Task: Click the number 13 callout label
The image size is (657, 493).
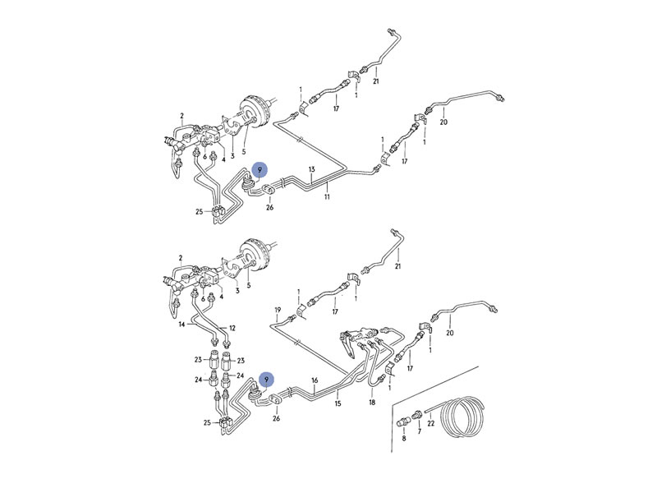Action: tap(312, 169)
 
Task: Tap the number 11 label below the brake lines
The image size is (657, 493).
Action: tap(327, 196)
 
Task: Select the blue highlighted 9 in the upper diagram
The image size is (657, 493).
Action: tap(260, 170)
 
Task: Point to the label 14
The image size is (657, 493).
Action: tap(181, 324)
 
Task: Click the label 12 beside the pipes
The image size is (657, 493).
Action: tap(232, 328)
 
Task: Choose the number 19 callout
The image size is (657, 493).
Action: tap(278, 311)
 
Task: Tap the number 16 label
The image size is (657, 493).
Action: tap(315, 380)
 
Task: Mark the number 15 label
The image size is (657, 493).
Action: tap(338, 403)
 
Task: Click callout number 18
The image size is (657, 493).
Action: tap(372, 403)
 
